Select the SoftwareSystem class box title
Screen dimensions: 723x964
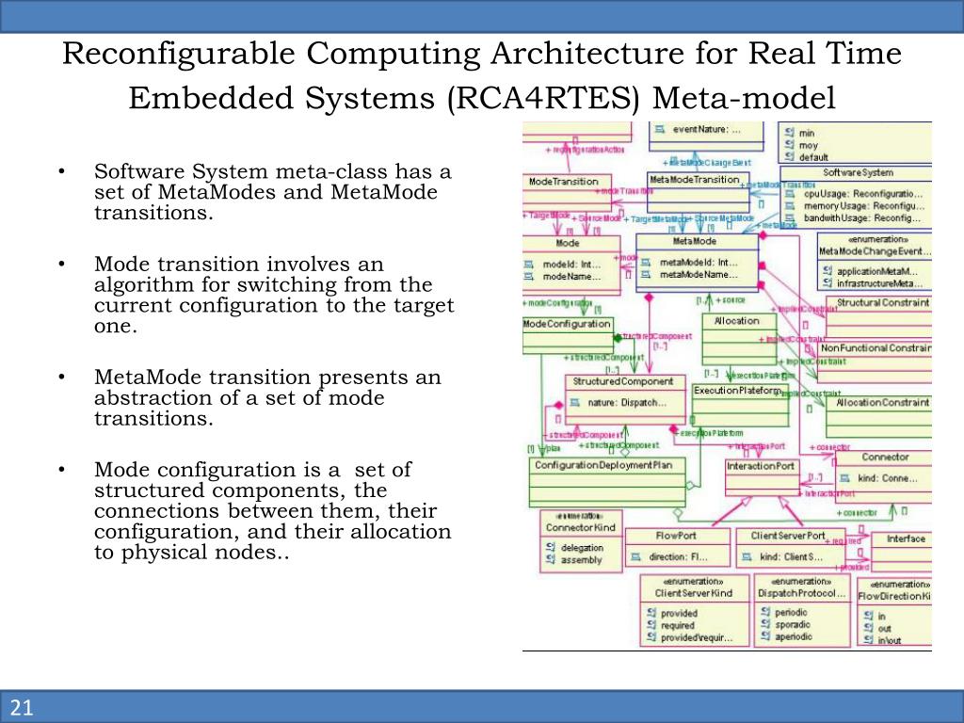point(858,173)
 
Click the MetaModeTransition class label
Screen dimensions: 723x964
point(694,180)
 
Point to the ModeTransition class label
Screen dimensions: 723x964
point(555,181)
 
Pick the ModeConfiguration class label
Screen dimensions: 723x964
point(567,324)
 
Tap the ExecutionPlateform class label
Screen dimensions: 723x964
point(737,390)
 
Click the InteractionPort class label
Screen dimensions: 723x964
point(761,466)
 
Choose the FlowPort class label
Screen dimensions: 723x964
point(676,536)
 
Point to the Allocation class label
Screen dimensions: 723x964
point(736,320)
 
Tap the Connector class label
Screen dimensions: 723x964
point(885,457)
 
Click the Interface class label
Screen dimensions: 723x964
point(906,538)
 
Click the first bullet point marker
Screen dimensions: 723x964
point(60,172)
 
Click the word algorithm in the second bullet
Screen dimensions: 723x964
point(131,285)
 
